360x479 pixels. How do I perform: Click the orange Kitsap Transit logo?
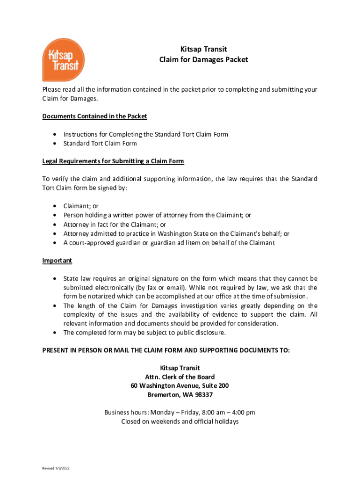[x=64, y=59]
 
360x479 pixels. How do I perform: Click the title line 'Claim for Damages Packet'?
[x=203, y=59]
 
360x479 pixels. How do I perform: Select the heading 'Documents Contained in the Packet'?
[x=94, y=116]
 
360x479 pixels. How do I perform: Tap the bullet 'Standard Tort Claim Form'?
[x=100, y=144]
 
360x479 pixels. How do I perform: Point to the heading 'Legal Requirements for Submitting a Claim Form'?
[x=113, y=161]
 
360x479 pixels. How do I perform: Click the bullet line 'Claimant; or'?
[x=81, y=206]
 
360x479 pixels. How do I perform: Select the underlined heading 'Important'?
[x=57, y=261]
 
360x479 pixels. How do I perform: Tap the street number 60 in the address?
[x=135, y=386]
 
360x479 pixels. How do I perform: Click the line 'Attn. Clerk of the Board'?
[x=180, y=377]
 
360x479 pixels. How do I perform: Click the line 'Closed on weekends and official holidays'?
[x=180, y=421]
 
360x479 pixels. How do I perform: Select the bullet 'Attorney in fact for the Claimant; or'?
[x=115, y=225]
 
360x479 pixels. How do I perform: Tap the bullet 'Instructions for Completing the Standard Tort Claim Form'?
[x=146, y=134]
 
